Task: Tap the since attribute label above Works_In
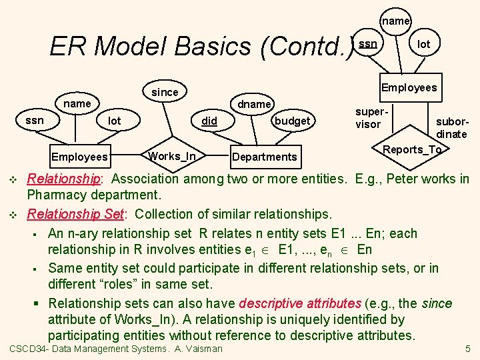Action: click(165, 93)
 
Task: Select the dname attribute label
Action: click(255, 104)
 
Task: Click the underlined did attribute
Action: click(209, 121)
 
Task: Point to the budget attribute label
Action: click(292, 121)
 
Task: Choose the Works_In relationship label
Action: click(172, 156)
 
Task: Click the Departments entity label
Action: click(263, 157)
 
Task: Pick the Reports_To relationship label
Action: click(412, 149)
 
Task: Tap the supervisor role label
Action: click(368, 119)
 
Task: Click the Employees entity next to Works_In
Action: click(79, 157)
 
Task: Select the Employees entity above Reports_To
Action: click(409, 87)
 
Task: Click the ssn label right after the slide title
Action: click(368, 44)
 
